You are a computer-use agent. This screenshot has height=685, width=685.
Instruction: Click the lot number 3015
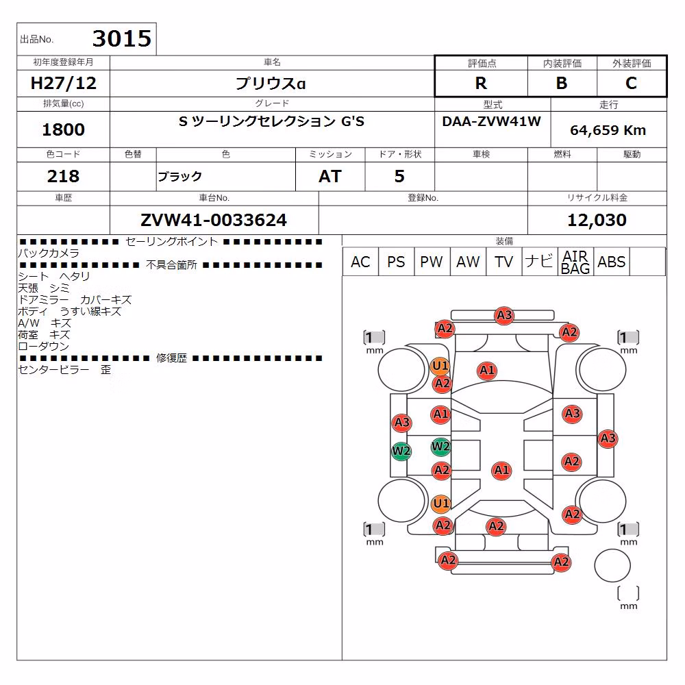click(122, 38)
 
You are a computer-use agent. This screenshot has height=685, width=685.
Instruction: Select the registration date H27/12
click(63, 83)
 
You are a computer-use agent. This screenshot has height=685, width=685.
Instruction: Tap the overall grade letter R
click(481, 83)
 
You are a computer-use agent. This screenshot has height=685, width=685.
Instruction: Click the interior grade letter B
click(562, 83)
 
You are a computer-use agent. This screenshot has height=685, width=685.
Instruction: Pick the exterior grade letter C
click(632, 83)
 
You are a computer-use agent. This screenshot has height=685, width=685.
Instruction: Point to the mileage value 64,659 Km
click(608, 130)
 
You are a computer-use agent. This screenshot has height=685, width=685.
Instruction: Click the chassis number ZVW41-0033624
click(214, 220)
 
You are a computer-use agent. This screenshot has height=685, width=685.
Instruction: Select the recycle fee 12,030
click(597, 220)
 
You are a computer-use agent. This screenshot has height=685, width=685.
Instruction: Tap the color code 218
click(63, 176)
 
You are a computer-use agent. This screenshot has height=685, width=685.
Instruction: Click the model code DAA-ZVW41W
click(491, 121)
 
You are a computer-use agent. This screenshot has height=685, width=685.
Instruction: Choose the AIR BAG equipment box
click(576, 262)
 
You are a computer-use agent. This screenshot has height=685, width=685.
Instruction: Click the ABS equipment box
click(612, 262)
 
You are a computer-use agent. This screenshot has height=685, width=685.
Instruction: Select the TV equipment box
click(503, 262)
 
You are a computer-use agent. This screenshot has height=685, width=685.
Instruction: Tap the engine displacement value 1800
click(63, 129)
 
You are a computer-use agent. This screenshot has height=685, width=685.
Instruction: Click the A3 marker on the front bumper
click(504, 315)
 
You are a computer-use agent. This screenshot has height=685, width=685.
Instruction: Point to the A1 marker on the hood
click(487, 371)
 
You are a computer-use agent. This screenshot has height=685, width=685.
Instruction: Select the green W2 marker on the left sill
click(401, 451)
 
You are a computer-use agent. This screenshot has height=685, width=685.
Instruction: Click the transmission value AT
click(330, 176)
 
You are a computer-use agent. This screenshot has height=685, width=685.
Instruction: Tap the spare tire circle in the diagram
click(612, 566)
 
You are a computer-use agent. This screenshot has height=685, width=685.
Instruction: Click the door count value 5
click(399, 176)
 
